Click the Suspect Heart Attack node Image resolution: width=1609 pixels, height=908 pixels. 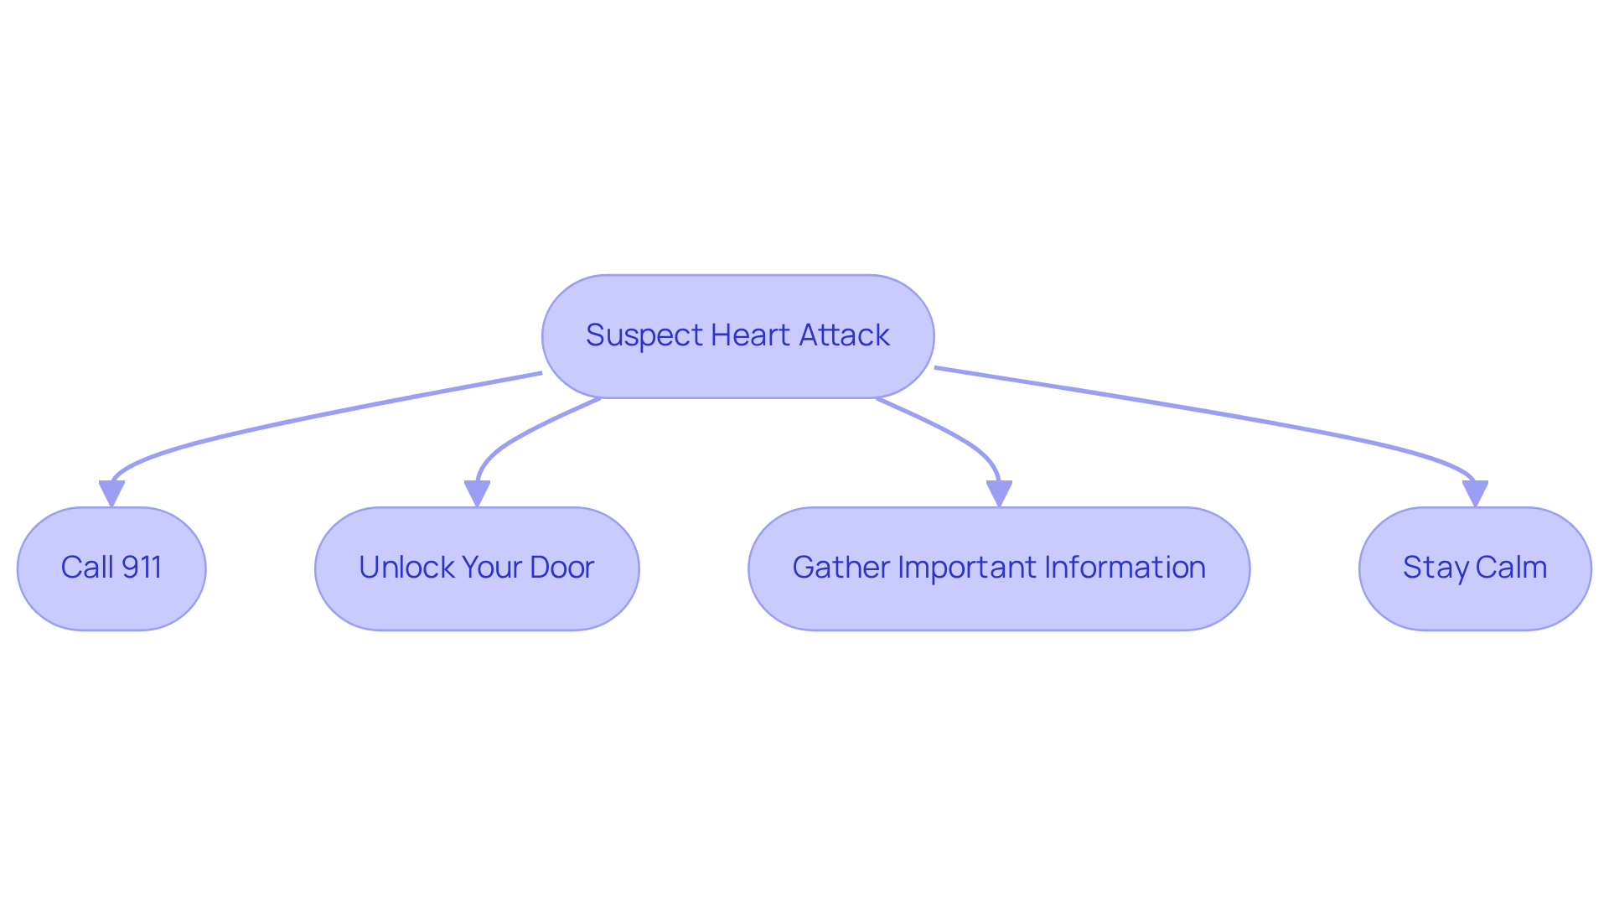(x=737, y=336)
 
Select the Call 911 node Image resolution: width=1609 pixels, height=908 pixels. (x=111, y=568)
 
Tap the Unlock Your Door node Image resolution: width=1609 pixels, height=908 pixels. (x=477, y=568)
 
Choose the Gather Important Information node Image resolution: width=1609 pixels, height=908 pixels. (x=999, y=568)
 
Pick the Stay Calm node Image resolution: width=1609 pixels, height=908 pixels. (x=1475, y=568)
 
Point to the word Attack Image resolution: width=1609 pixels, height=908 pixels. (x=844, y=335)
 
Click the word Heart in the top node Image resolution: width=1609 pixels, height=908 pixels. (x=750, y=335)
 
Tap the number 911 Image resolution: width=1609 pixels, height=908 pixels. (x=141, y=568)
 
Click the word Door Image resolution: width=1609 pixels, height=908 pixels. (x=561, y=568)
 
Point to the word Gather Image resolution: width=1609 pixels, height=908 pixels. (x=841, y=568)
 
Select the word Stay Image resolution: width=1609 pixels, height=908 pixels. (x=1435, y=568)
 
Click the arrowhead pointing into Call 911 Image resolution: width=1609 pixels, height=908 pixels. (x=111, y=492)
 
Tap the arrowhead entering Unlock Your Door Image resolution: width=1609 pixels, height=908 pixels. (x=477, y=492)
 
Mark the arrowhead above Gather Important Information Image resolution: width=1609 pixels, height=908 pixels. (x=999, y=492)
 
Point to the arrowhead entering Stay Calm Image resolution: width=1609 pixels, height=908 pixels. (x=1475, y=492)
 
